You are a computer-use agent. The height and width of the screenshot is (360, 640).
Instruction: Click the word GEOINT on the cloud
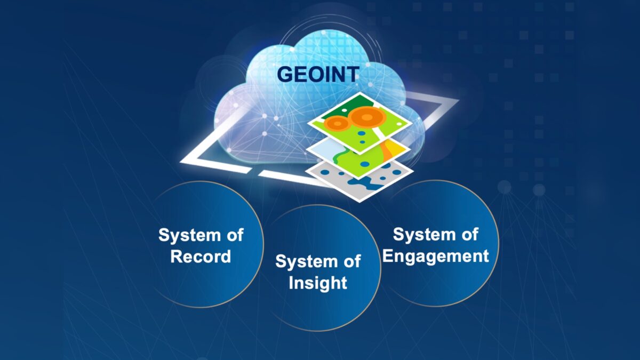point(318,74)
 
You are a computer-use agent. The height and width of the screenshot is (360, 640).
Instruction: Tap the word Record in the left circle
point(201,257)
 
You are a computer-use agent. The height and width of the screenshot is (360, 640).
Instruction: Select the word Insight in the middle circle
point(318,283)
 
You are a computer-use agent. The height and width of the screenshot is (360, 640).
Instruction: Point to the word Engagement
point(435,256)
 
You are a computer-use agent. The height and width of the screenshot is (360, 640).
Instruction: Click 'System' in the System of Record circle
point(189,236)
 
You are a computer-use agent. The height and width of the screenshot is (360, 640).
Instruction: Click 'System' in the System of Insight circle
point(306,262)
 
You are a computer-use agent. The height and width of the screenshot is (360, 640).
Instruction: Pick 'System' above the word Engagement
point(423,235)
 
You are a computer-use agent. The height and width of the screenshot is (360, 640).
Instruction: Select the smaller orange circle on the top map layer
point(338,124)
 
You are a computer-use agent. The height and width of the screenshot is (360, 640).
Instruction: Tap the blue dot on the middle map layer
point(365,164)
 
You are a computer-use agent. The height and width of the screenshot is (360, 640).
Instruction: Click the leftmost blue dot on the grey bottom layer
point(325,172)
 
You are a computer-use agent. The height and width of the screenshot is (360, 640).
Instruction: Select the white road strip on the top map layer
point(378,133)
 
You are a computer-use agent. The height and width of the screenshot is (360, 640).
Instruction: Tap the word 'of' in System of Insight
point(352,262)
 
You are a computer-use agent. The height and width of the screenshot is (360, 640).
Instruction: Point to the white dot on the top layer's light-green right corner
point(398,123)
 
